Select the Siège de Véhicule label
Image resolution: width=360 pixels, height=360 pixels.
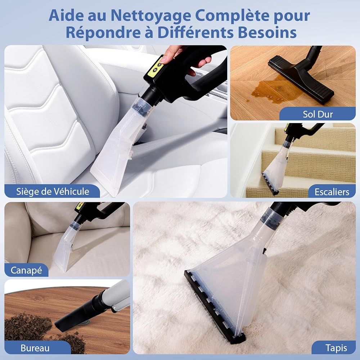pos(53,192)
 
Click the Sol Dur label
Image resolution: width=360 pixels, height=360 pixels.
pos(318,114)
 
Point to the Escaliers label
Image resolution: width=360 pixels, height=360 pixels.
pos(332,192)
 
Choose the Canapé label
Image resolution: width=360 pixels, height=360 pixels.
pos(26,270)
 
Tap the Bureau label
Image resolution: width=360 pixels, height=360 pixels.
pos(35,348)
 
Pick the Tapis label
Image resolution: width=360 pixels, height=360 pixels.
pos(336,348)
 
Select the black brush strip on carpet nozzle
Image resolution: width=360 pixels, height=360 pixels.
pos(215,308)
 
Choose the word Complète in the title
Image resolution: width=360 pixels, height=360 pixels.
pos(232,16)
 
